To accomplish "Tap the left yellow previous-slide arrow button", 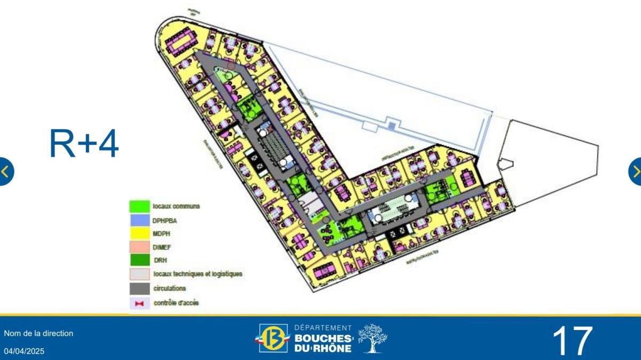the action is pyautogui.click(x=5, y=171).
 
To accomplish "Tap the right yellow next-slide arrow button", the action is pyautogui.click(x=636, y=171).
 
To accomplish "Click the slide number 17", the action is pyautogui.click(x=572, y=341).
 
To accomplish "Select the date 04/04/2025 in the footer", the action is pyautogui.click(x=25, y=351).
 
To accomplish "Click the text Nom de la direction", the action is pyautogui.click(x=38, y=333).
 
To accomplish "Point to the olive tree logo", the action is pyautogui.click(x=372, y=338).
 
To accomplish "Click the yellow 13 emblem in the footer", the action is pyautogui.click(x=273, y=339).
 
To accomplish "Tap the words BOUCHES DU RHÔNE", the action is pyautogui.click(x=323, y=343).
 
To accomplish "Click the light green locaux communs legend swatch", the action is pyautogui.click(x=139, y=206).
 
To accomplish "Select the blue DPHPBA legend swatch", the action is pyautogui.click(x=139, y=220).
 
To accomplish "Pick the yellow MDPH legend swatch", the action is pyautogui.click(x=139, y=233).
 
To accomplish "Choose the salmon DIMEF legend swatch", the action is pyautogui.click(x=139, y=247).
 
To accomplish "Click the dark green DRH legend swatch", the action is pyautogui.click(x=139, y=260).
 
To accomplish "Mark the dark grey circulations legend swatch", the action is pyautogui.click(x=139, y=288).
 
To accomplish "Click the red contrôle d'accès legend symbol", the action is pyautogui.click(x=139, y=303).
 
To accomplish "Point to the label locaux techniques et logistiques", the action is pyautogui.click(x=198, y=274).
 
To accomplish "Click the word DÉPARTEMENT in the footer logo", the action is pyautogui.click(x=323, y=327).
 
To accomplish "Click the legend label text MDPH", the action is pyautogui.click(x=161, y=233).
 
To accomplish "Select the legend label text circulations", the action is pyautogui.click(x=169, y=288).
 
